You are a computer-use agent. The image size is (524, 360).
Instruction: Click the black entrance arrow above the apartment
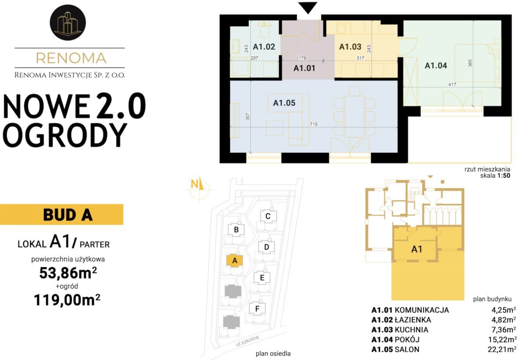pyautogui.click(x=307, y=8)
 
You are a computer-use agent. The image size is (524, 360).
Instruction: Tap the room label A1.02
pyautogui.click(x=264, y=47)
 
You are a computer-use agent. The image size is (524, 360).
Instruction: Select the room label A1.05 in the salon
pyautogui.click(x=284, y=103)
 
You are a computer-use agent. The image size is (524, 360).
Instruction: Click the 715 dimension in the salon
pyautogui.click(x=314, y=124)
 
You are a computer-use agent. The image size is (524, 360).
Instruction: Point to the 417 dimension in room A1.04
pyautogui.click(x=452, y=84)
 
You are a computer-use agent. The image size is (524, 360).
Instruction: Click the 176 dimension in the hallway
pyautogui.click(x=302, y=58)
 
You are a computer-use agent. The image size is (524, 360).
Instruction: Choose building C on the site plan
pyautogui.click(x=268, y=216)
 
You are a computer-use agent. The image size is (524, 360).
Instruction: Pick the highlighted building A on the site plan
pyautogui.click(x=235, y=261)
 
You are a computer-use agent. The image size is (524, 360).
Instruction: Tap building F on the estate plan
pyautogui.click(x=257, y=309)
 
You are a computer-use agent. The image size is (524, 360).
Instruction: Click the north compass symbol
pyautogui.click(x=199, y=189)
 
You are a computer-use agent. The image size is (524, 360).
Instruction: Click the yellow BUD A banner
pyautogui.click(x=62, y=215)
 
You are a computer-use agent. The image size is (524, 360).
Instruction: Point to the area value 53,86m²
pyautogui.click(x=68, y=273)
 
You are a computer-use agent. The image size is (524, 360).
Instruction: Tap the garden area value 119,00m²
pyautogui.click(x=67, y=300)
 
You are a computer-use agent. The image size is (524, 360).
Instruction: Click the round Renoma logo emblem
pyautogui.click(x=68, y=22)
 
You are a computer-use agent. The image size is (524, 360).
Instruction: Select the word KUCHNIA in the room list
pyautogui.click(x=411, y=329)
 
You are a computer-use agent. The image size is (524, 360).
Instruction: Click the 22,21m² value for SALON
pyautogui.click(x=502, y=349)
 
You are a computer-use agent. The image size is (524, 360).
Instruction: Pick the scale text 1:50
pyautogui.click(x=504, y=175)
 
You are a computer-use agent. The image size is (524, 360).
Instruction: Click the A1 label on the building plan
pyautogui.click(x=417, y=249)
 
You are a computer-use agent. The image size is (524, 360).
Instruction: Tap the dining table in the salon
pyautogui.click(x=355, y=116)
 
